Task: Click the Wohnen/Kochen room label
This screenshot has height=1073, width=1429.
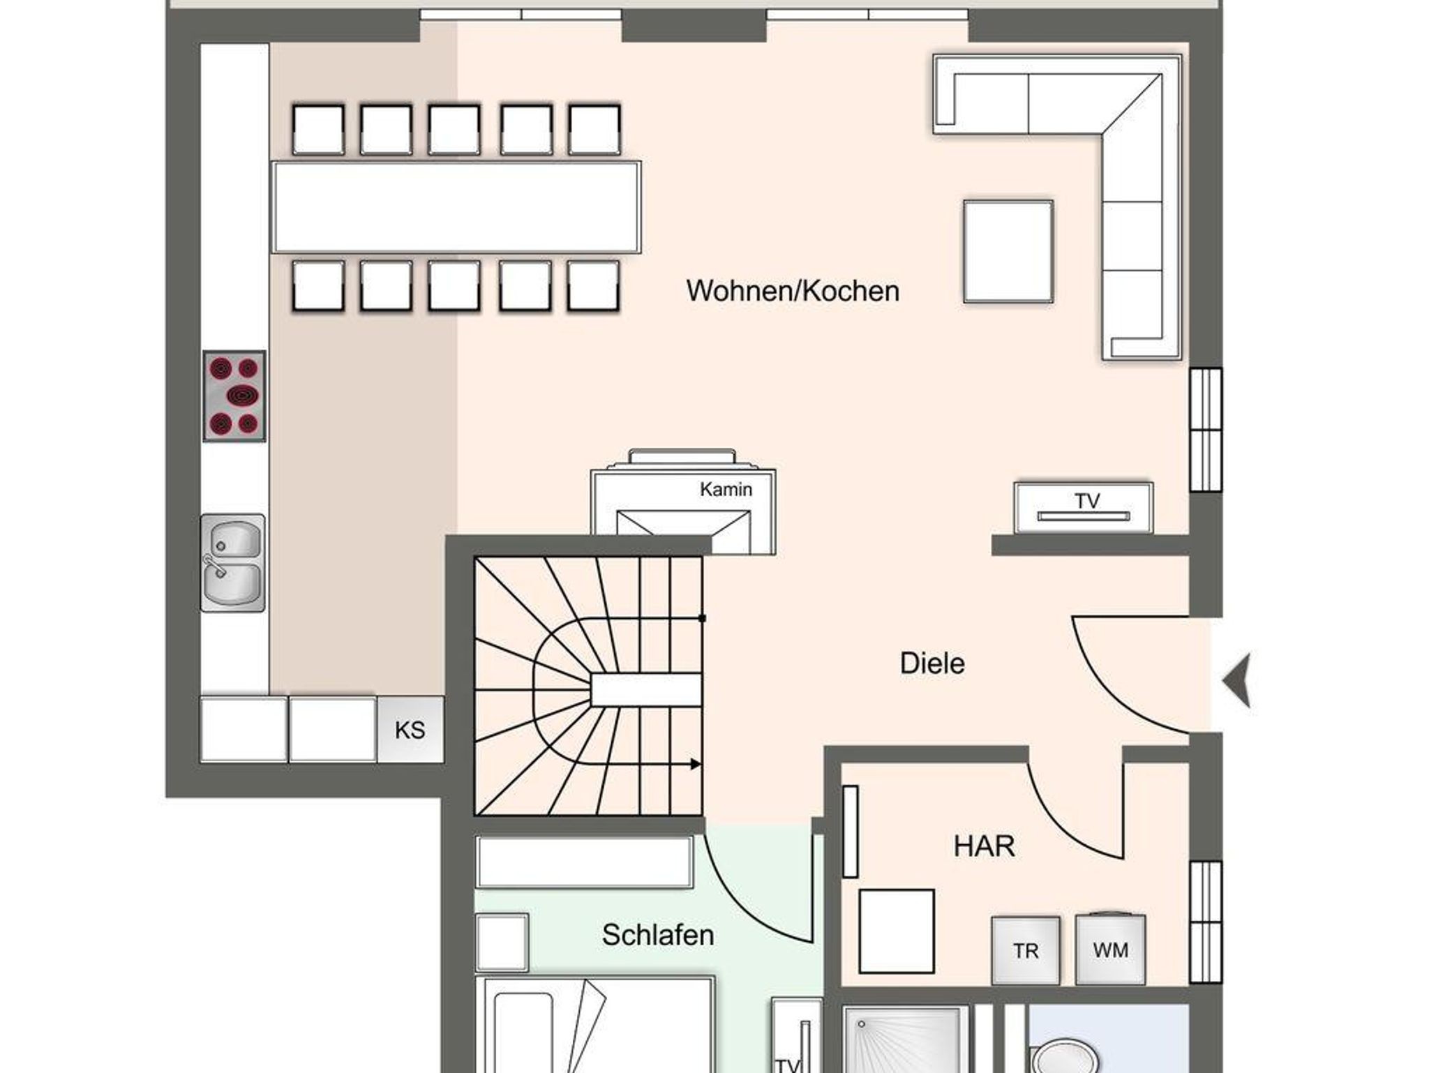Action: tap(793, 291)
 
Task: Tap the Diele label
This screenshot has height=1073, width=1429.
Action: tap(932, 663)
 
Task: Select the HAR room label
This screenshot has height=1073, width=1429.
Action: tap(984, 846)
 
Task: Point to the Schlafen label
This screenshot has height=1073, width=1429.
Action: tap(658, 935)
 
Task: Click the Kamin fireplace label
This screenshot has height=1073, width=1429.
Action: tap(726, 490)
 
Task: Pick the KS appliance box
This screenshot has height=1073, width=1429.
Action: tap(410, 729)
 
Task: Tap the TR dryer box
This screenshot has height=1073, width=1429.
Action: tap(1026, 950)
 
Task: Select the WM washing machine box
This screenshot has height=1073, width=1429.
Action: tap(1110, 950)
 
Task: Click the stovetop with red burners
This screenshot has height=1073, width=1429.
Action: tap(234, 396)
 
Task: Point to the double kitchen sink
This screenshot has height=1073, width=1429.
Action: tap(232, 563)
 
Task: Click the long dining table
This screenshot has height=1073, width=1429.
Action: tap(456, 207)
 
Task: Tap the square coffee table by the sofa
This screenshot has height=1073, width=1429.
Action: tap(1008, 252)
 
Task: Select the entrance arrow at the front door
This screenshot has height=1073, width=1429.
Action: tap(1236, 680)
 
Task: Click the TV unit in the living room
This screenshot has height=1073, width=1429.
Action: tap(1083, 508)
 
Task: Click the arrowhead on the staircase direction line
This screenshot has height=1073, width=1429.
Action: tap(696, 764)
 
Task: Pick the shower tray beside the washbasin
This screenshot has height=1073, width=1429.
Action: tap(904, 1039)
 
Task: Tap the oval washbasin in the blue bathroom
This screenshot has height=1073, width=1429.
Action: tap(1065, 1056)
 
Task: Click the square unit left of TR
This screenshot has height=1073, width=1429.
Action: tap(897, 931)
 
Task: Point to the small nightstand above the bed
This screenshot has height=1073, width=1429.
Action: tap(502, 942)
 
